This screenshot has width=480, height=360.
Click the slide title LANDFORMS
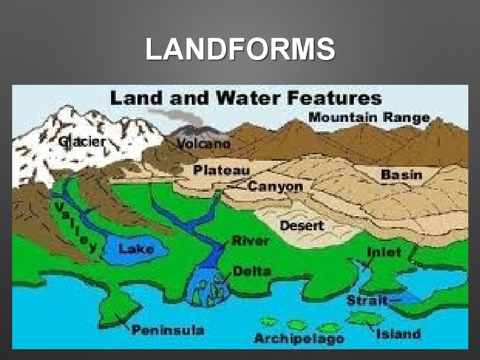tap(240, 50)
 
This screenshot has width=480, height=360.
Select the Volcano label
tap(204, 143)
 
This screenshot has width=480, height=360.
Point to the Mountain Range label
tap(369, 117)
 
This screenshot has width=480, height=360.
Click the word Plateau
tap(222, 170)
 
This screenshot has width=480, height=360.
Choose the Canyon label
tap(275, 187)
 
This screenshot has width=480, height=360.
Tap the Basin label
tap(402, 175)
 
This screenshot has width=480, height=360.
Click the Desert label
tap(302, 225)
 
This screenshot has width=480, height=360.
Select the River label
tap(251, 241)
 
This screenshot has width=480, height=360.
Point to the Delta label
tap(252, 271)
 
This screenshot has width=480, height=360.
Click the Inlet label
tap(384, 252)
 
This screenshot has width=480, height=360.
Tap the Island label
tap(398, 334)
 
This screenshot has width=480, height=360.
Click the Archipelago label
tap(299, 338)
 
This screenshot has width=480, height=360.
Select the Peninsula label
tap(168, 330)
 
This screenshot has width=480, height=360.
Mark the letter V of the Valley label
tap(60, 208)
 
